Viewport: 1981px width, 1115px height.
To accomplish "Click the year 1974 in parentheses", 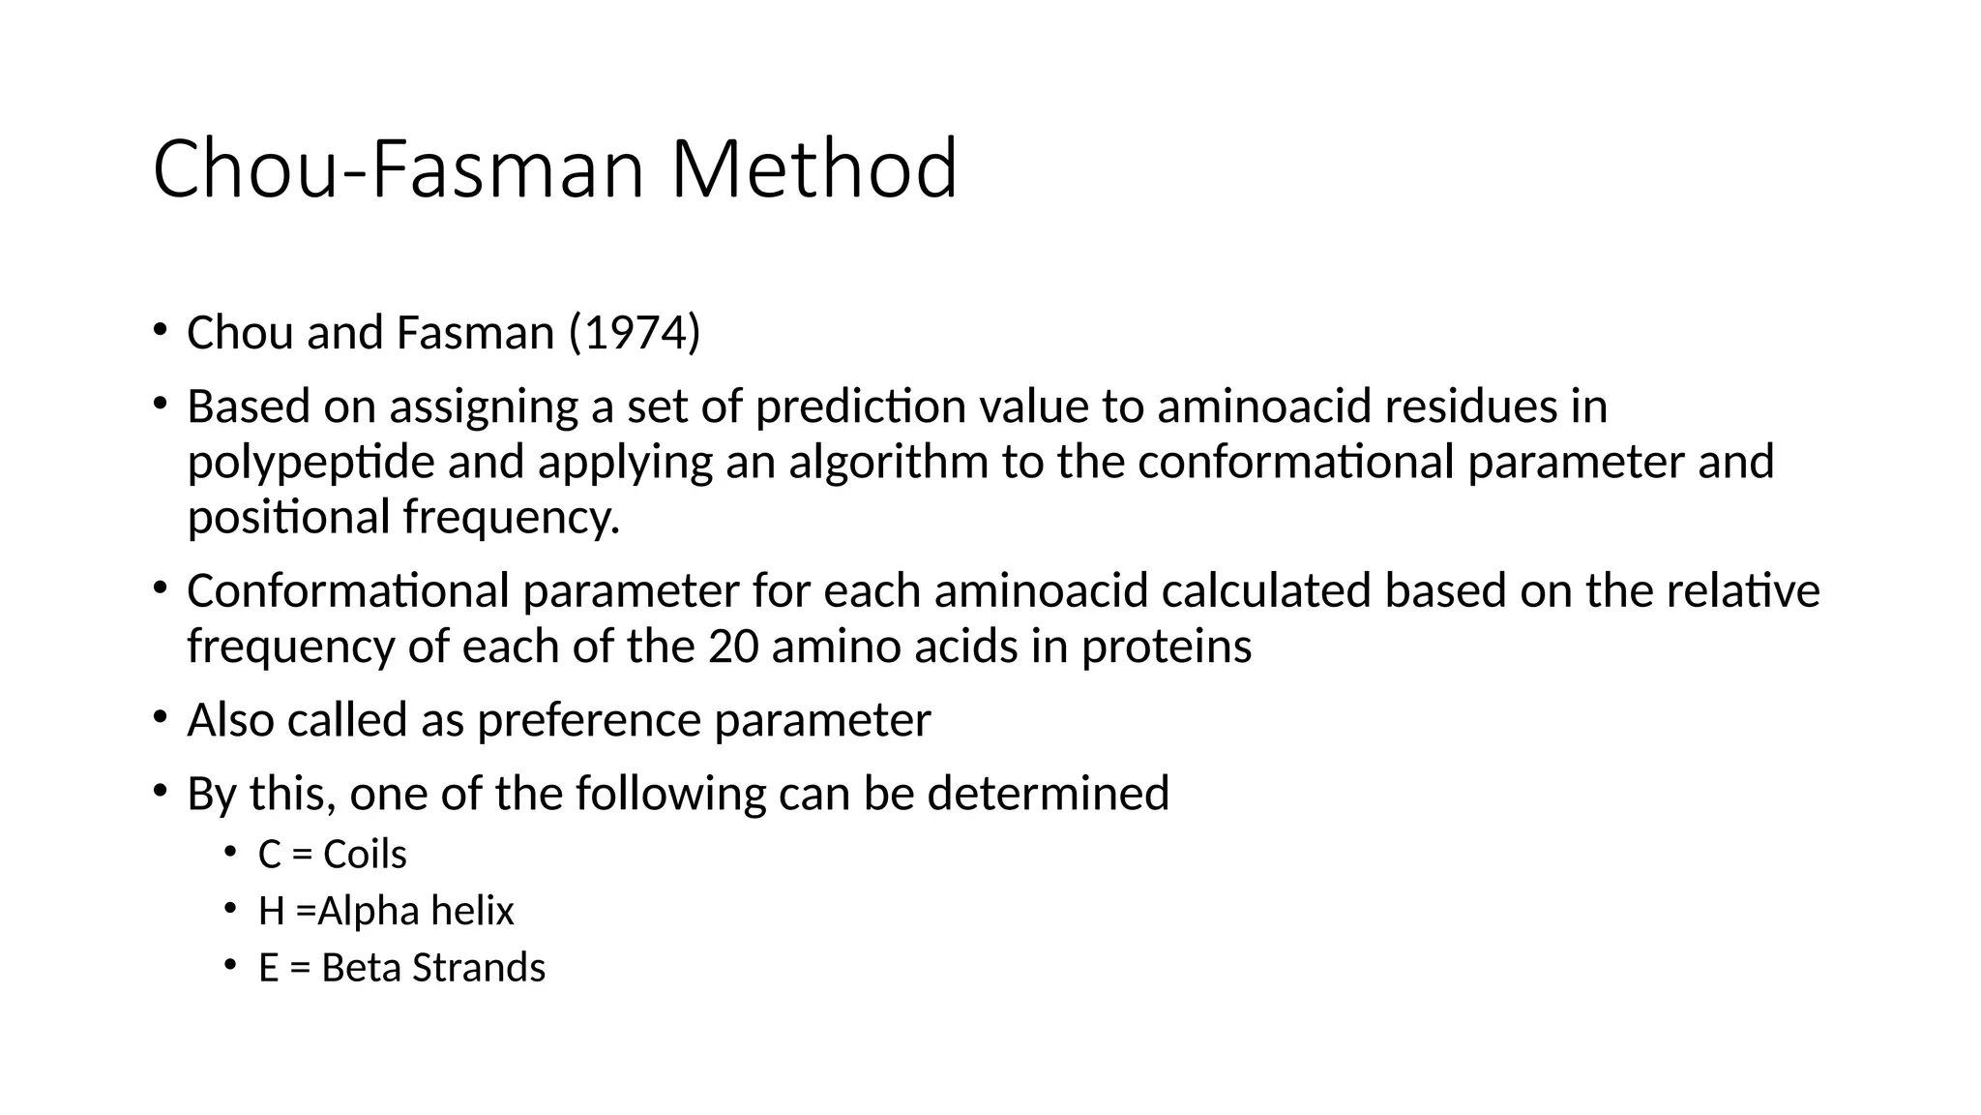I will point(635,333).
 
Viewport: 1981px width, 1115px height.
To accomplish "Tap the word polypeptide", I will point(310,462).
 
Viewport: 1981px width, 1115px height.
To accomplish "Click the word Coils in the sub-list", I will point(365,855).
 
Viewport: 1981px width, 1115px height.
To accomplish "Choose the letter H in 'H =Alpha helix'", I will point(271,912).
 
